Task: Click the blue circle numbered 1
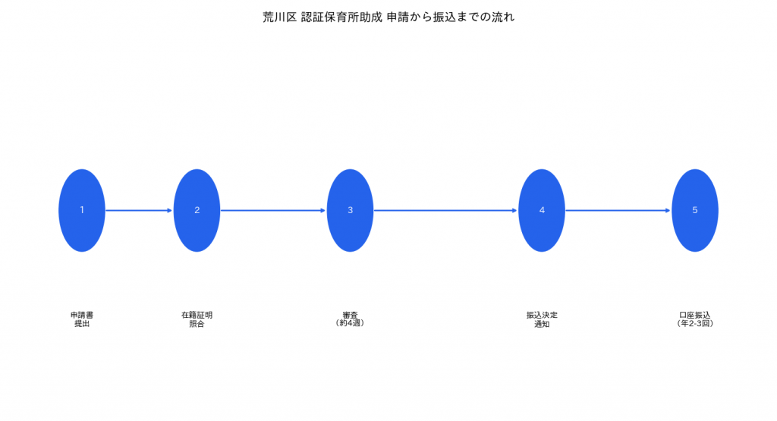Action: tap(82, 211)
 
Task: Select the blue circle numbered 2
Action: tap(197, 211)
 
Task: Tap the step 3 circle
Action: tap(350, 211)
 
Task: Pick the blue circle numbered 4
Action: tap(542, 211)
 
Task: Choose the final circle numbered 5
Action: tap(695, 211)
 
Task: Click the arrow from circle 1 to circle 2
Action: tap(140, 211)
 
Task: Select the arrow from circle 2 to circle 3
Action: tap(273, 211)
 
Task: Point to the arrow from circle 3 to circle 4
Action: tap(446, 211)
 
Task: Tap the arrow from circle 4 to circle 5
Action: tap(618, 211)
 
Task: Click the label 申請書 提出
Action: tap(82, 319)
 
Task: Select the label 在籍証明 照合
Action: tap(197, 319)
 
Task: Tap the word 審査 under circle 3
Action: tap(350, 315)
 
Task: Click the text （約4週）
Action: tap(350, 323)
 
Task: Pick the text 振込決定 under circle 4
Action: tap(542, 315)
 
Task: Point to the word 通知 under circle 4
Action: tap(542, 324)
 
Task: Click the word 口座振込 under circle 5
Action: tap(695, 315)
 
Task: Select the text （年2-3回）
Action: tap(695, 323)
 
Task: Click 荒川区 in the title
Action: tap(279, 17)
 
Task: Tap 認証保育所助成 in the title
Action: tap(342, 17)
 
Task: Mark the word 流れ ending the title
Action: tap(504, 17)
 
